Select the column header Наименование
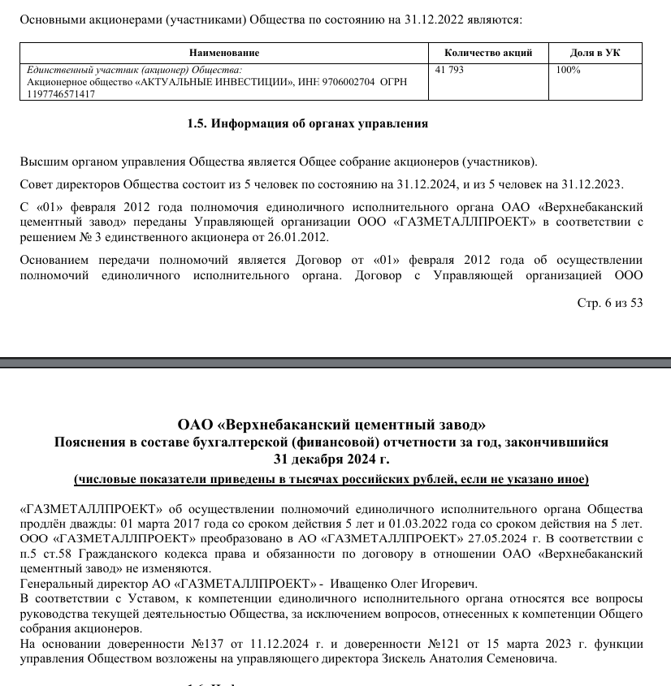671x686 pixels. click(x=223, y=53)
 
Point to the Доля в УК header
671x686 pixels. click(x=595, y=53)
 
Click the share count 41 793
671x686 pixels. click(x=450, y=71)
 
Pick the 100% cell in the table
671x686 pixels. click(x=568, y=71)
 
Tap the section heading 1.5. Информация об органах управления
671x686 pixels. click(x=307, y=124)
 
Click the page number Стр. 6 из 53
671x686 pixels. click(x=609, y=303)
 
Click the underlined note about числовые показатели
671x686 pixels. click(x=331, y=479)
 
